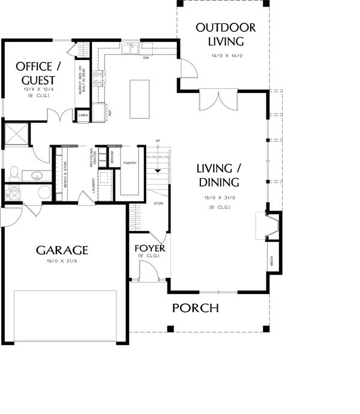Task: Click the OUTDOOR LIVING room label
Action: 226,34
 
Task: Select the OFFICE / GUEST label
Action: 35,73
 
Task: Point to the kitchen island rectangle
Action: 139,98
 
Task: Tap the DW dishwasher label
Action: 146,58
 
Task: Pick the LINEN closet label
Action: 83,115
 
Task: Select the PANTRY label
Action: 130,163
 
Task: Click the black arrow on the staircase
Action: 158,171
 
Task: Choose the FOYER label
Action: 149,248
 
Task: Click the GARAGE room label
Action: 62,250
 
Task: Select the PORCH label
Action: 196,308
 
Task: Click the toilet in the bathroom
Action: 44,193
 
